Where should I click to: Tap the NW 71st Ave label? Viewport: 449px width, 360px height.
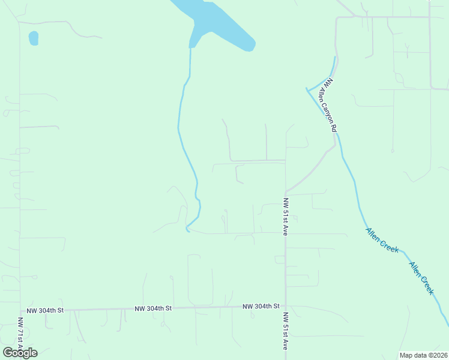point(20,340)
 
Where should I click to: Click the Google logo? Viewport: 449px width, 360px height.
point(20,352)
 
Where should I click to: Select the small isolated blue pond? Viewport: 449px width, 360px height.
point(34,38)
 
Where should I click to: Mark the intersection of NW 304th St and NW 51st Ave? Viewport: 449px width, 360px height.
point(286,307)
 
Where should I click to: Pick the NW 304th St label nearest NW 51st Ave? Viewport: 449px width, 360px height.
point(261,306)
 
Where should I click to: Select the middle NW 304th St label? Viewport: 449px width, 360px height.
point(153,308)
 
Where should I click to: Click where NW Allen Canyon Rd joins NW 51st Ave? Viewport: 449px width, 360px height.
point(286,191)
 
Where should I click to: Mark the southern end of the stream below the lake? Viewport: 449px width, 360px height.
point(187,231)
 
